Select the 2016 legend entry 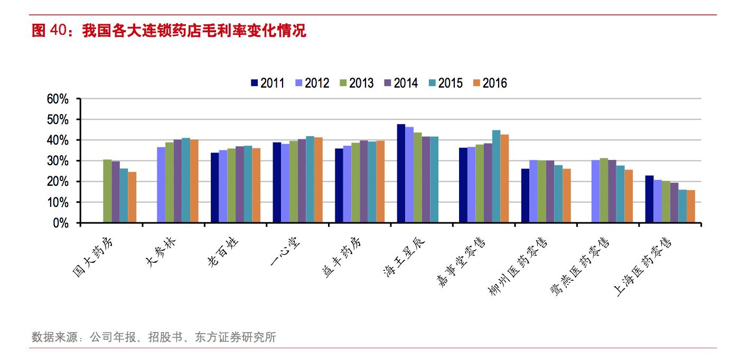(490, 83)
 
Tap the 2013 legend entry (356, 83)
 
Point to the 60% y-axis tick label (58, 99)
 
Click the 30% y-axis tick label (58, 161)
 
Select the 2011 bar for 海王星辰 (401, 174)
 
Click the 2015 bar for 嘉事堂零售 (496, 176)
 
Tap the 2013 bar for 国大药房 (107, 191)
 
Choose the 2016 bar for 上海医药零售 (691, 206)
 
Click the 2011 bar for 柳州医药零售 (525, 196)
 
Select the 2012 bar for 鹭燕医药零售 (595, 191)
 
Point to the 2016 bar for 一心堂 (318, 180)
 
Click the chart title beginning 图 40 (169, 31)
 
